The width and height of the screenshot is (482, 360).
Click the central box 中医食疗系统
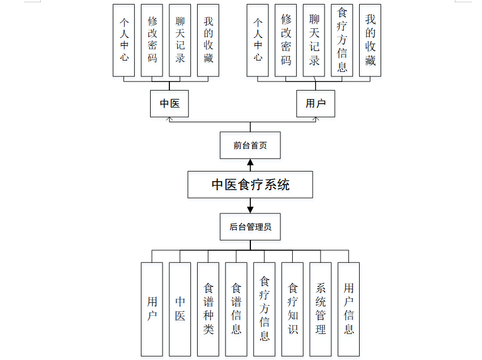(250, 185)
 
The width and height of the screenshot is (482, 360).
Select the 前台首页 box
(250, 145)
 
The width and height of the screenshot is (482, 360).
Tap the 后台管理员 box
(250, 227)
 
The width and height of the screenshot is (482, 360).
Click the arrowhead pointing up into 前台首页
(250, 163)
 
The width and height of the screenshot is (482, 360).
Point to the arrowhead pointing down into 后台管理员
(250, 209)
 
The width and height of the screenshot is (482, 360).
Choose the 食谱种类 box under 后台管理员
(208, 309)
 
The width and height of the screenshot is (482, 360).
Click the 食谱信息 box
(236, 309)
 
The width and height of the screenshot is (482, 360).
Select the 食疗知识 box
(292, 309)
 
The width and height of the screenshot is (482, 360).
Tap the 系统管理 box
(321, 309)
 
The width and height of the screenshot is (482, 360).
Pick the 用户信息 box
(348, 309)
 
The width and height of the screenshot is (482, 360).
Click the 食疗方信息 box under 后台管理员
(264, 309)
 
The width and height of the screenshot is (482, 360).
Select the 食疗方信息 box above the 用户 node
(342, 40)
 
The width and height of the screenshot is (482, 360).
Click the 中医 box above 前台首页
(169, 104)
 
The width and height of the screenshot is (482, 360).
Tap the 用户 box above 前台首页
(315, 104)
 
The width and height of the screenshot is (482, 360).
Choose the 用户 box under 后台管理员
(152, 309)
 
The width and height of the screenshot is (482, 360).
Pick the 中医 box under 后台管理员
(180, 309)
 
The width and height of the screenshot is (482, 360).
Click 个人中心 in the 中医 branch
(124, 40)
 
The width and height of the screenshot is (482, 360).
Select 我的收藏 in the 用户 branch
(370, 40)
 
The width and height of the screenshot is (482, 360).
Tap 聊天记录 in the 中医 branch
(180, 40)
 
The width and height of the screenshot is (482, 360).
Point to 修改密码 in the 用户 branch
(286, 40)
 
